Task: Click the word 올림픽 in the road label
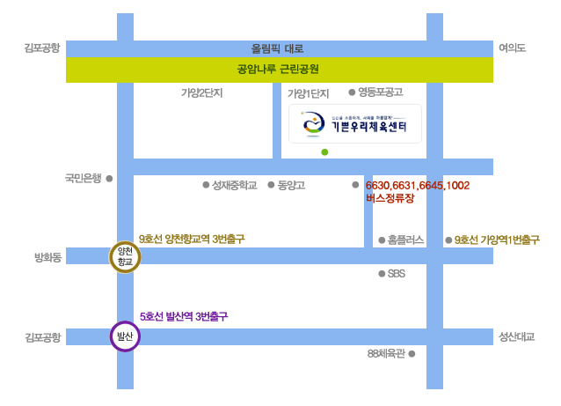[265, 48]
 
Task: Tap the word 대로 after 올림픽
[294, 48]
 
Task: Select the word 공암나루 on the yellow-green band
[256, 69]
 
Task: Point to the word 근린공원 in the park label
[299, 69]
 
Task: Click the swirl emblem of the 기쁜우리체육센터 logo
[313, 123]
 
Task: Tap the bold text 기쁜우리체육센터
[369, 127]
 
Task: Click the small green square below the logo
[324, 152]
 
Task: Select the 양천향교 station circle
[125, 257]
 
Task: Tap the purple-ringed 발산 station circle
[125, 336]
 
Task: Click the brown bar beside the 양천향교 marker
[192, 239]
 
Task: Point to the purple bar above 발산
[184, 316]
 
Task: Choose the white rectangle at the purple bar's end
[271, 313]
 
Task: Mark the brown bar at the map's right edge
[497, 240]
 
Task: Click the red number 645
[433, 185]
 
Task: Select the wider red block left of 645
[399, 192]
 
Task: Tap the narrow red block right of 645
[456, 192]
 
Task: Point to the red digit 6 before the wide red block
[368, 185]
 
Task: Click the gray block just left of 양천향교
[48, 257]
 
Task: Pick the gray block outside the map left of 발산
[43, 337]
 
